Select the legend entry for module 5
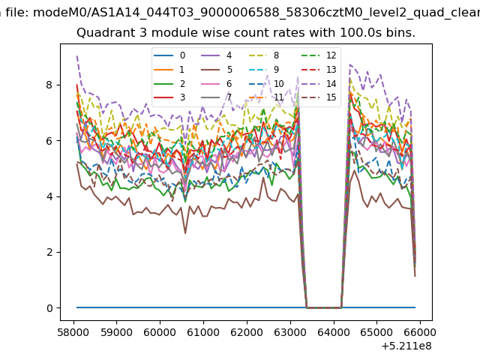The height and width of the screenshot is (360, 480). coord(217,70)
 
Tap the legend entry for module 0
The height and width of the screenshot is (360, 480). coord(169,55)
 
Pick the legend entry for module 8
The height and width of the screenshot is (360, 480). coord(264,55)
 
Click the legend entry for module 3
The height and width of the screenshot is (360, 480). coord(169,97)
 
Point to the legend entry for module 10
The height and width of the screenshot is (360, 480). coord(266,83)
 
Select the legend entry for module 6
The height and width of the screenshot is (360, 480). coord(217,83)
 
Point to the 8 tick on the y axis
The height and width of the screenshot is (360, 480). coord(58,85)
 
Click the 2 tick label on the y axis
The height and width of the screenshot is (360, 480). coord(49,253)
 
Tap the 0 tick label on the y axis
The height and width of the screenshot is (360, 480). coord(49,308)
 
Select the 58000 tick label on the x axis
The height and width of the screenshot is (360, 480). coord(73,332)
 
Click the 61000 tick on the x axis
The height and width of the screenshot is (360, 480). coord(203,322)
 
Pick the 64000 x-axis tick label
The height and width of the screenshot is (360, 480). coord(333,332)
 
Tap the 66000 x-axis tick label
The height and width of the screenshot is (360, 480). coord(420,332)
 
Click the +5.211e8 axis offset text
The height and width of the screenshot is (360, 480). coord(406,346)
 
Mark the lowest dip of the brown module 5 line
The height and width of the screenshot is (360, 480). coord(185,233)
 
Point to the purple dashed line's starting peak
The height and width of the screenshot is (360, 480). coord(76,55)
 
